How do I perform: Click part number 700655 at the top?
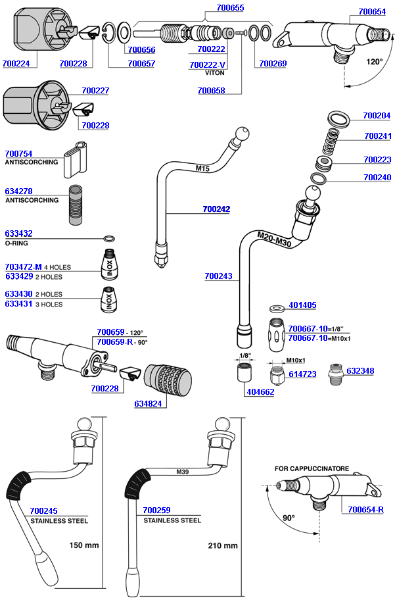tap(229, 8)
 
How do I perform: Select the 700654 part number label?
tap(372, 12)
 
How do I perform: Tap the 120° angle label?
tap(374, 62)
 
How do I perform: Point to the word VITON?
tap(214, 73)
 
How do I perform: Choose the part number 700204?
tap(377, 116)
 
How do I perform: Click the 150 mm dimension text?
tap(83, 545)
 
